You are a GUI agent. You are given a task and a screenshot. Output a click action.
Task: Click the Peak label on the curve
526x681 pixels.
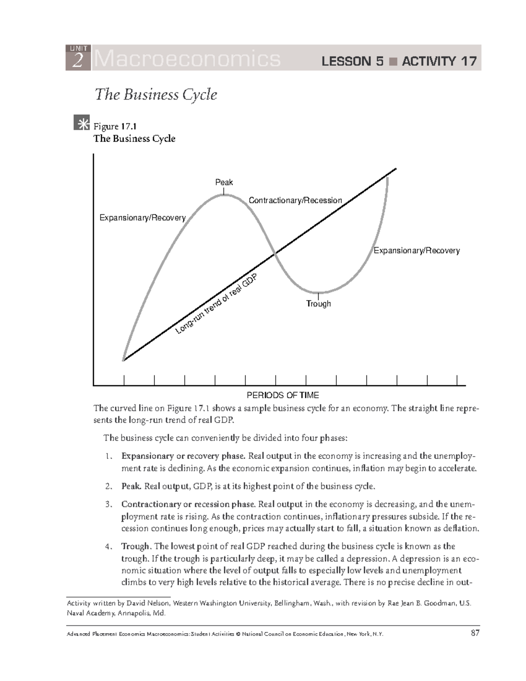pyautogui.click(x=224, y=182)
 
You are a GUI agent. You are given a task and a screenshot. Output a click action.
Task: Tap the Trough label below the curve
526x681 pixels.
pyautogui.click(x=318, y=303)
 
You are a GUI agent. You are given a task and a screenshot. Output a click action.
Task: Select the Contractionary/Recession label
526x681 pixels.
pyautogui.click(x=295, y=200)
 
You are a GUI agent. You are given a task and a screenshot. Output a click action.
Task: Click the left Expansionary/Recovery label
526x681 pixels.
pyautogui.click(x=142, y=217)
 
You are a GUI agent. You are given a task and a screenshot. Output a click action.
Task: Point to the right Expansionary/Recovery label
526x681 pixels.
pyautogui.click(x=416, y=250)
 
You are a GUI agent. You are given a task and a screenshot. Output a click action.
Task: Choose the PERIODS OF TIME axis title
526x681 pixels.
pyautogui.click(x=283, y=395)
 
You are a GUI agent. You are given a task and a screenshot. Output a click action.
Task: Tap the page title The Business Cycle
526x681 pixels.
pyautogui.click(x=156, y=94)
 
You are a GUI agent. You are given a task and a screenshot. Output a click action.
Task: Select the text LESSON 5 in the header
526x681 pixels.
pyautogui.click(x=352, y=61)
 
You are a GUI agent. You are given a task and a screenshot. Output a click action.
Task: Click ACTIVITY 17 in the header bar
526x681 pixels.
pyautogui.click(x=439, y=61)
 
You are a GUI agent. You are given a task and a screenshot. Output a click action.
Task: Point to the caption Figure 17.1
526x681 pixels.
pyautogui.click(x=115, y=126)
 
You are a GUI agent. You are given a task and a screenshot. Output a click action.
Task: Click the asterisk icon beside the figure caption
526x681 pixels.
pyautogui.click(x=82, y=124)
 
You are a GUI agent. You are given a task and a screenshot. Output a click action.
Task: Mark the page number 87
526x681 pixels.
pyautogui.click(x=475, y=633)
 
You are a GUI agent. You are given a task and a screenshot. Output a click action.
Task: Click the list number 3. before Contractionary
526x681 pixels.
pyautogui.click(x=109, y=504)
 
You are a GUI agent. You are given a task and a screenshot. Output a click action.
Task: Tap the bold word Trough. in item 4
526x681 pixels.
pyautogui.click(x=136, y=546)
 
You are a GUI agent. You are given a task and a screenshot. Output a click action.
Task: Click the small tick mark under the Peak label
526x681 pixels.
pyautogui.click(x=224, y=191)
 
